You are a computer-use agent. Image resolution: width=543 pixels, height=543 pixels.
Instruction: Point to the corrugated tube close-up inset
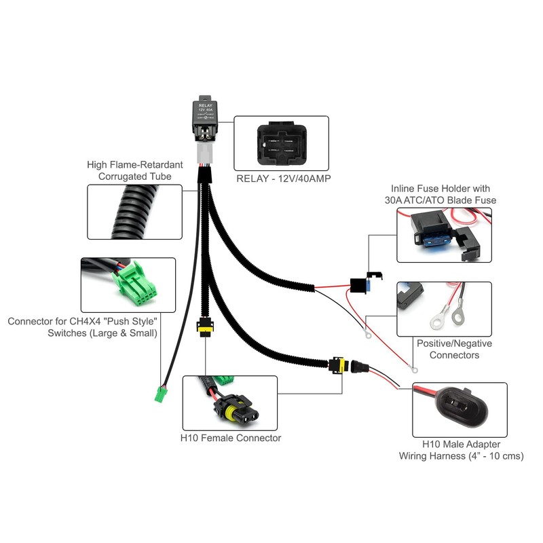135,212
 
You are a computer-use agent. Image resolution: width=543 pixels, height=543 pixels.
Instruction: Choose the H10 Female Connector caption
231,438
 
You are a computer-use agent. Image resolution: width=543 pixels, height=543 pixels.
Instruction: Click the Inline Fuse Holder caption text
440,194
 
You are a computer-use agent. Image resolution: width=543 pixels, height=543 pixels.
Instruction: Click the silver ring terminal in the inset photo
439,317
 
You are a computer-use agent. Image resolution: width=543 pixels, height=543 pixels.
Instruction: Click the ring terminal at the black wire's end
366,334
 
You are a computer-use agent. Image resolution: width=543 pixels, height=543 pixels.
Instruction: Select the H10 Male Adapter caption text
461,449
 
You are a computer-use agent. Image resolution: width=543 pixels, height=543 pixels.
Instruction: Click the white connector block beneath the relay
204,153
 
